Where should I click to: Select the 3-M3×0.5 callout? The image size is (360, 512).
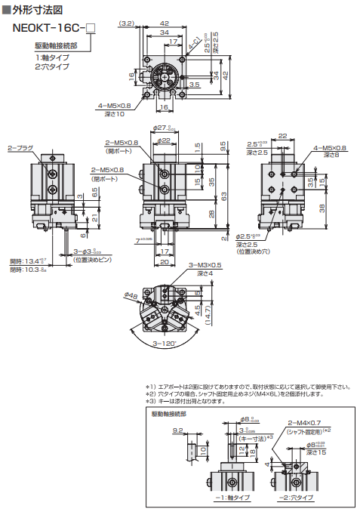click(x=205, y=266)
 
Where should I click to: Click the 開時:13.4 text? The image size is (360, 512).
click(x=25, y=261)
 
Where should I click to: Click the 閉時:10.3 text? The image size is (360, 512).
click(x=25, y=269)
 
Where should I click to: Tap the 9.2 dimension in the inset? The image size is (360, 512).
click(x=157, y=430)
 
